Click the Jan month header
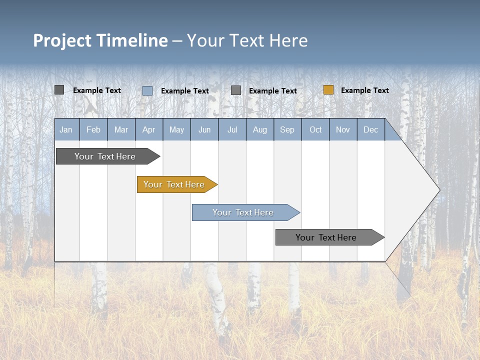[66, 130]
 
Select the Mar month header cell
[121, 130]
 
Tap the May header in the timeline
[176, 130]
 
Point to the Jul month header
[232, 130]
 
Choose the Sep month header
[287, 130]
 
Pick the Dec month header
[370, 130]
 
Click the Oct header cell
[315, 130]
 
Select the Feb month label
[93, 130]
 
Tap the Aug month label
[259, 130]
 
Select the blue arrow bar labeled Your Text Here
[244, 212]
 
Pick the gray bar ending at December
[327, 237]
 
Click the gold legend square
[328, 90]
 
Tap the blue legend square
[147, 90]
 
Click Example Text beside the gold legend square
[364, 90]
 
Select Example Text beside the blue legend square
[184, 91]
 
